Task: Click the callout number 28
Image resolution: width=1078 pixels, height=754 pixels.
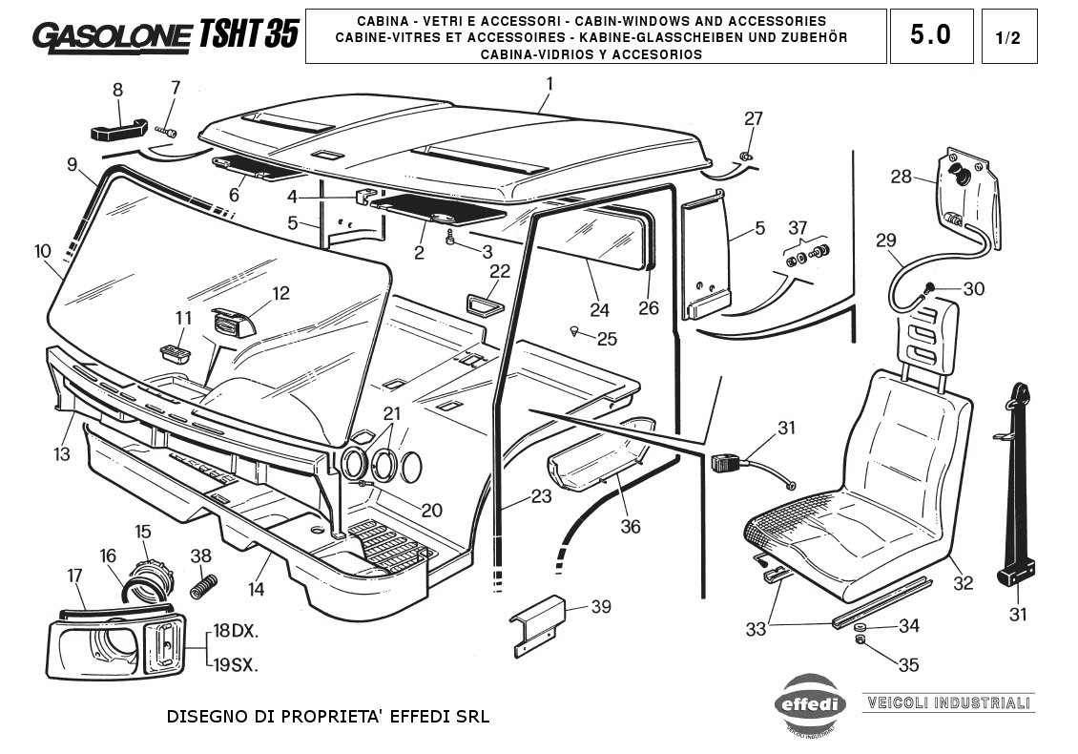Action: (x=902, y=177)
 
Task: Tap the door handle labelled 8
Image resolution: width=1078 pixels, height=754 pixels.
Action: (x=118, y=127)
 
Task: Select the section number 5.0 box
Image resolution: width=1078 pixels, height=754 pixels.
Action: (x=930, y=36)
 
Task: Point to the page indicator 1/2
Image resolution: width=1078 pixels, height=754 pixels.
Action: (x=1008, y=38)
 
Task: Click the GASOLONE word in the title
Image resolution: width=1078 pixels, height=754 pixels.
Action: (x=113, y=35)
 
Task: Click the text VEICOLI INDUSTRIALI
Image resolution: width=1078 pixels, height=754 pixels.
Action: (x=947, y=703)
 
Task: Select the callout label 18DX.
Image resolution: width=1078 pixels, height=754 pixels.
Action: (x=235, y=631)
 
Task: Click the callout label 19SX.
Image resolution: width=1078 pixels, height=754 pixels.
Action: (x=235, y=665)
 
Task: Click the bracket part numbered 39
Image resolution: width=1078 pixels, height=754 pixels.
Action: (x=541, y=624)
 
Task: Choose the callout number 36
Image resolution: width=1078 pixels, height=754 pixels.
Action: (x=630, y=526)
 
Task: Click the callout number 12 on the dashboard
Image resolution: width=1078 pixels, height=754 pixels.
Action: (x=280, y=293)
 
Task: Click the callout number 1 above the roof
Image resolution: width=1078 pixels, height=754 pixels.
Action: (x=549, y=84)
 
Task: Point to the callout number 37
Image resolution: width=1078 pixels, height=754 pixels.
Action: (x=798, y=227)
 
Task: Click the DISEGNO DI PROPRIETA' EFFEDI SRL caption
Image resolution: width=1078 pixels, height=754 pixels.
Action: (x=327, y=716)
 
